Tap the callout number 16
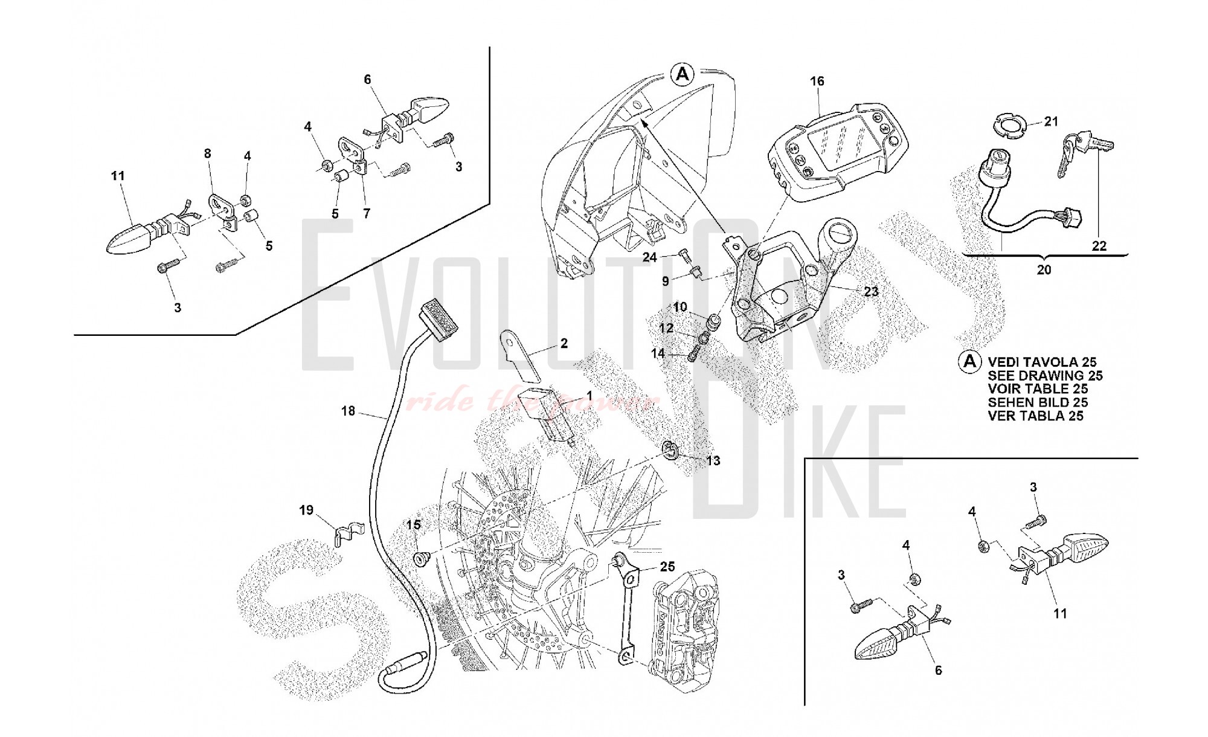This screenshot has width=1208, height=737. (817, 81)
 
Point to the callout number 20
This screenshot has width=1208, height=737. (1044, 270)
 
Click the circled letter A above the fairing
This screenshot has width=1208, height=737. (683, 74)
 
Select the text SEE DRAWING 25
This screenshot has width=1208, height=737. (1045, 376)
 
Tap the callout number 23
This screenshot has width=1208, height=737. (871, 291)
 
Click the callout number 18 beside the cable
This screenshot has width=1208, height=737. (348, 411)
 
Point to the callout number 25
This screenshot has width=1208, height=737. (667, 567)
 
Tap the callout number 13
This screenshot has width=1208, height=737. (713, 461)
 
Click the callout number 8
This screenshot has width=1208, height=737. (208, 153)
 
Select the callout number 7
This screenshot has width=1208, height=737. (367, 213)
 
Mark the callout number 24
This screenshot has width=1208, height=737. (649, 257)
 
